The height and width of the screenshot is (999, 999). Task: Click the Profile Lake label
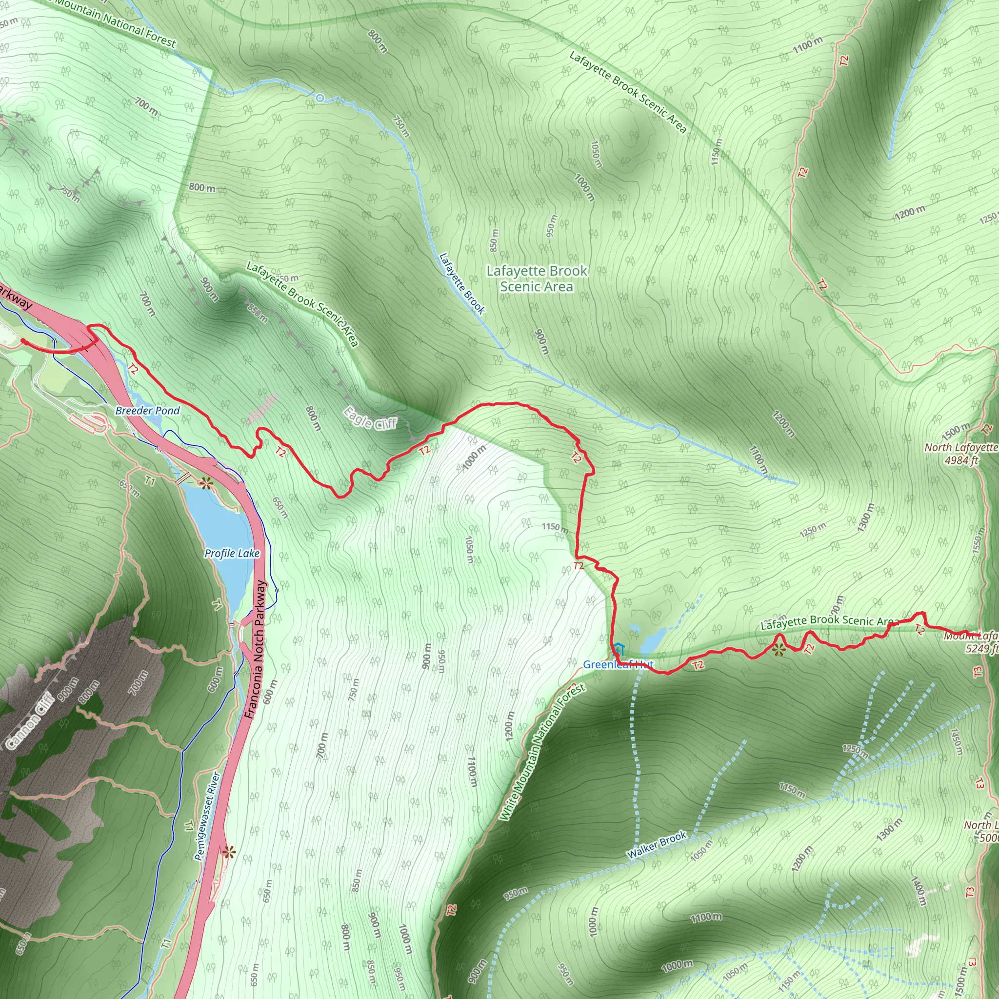pos(232,553)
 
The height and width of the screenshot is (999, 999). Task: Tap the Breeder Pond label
pos(147,411)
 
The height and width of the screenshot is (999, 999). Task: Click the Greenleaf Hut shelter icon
pos(619,649)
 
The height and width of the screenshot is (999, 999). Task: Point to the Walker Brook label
pos(657,845)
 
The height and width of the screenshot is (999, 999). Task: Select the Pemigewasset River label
pos(207,816)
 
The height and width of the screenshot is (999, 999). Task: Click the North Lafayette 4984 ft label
pos(961,454)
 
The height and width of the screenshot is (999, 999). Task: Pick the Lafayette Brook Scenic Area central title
pos(537,278)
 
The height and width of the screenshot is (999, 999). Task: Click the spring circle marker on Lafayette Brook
pos(320,98)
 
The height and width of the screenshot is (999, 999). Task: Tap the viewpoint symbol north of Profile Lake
pos(206,483)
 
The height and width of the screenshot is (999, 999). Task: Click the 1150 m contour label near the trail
pos(555,527)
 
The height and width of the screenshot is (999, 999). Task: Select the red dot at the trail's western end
pos(23,341)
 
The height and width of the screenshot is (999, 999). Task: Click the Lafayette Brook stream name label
pos(462,283)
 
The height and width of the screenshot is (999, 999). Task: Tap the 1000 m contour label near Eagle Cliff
pos(474,458)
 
